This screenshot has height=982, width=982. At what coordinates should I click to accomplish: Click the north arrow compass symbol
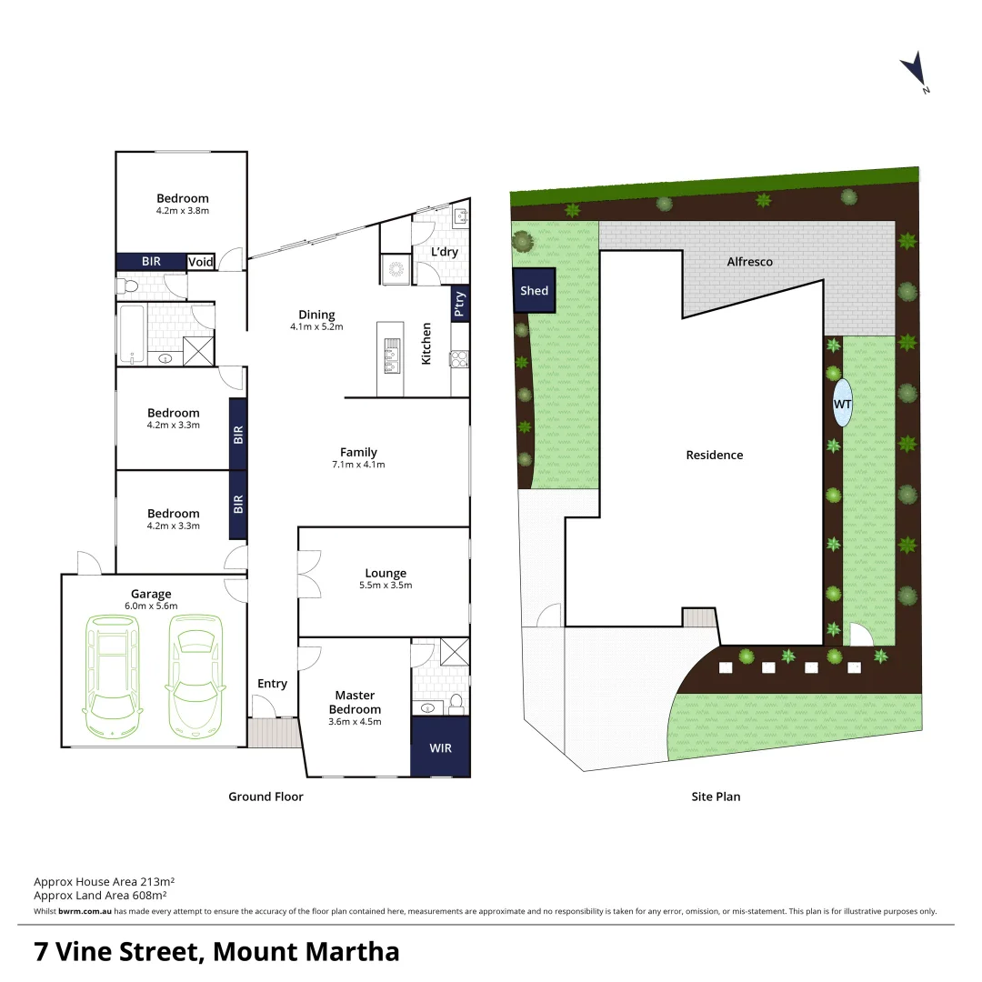[913, 70]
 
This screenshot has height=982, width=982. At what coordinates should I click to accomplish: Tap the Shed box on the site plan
[534, 290]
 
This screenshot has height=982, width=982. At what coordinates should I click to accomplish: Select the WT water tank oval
[843, 402]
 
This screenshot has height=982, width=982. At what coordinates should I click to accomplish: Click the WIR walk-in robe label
[440, 747]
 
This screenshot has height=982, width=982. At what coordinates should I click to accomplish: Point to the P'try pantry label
[460, 304]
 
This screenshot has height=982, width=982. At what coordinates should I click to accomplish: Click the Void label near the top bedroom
[201, 262]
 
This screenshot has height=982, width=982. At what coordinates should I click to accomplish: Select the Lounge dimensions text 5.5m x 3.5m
[386, 585]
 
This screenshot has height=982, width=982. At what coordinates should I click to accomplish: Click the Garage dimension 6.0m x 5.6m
[151, 606]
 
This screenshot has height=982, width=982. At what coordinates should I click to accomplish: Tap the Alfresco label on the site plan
[749, 262]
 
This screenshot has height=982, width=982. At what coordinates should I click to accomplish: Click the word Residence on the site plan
[714, 455]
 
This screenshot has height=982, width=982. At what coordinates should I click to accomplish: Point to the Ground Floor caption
[266, 797]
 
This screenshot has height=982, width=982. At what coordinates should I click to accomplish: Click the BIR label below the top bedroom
[151, 262]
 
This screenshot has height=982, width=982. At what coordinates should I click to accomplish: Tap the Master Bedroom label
[355, 702]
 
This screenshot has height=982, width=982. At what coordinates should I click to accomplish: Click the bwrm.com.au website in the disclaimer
[85, 911]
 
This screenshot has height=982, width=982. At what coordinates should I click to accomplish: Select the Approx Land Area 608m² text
[105, 896]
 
